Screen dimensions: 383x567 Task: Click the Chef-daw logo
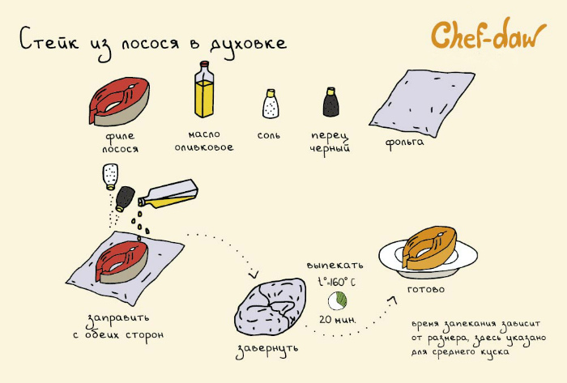coord(490,36)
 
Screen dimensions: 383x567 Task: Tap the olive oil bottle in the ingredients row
coord(203,92)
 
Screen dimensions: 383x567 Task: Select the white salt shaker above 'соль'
coord(270,104)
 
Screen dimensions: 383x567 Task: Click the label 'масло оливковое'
coord(203,141)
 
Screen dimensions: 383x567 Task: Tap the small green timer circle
coord(337,300)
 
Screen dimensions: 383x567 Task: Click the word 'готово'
coord(426,289)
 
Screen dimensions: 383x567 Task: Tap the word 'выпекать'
coord(335,265)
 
